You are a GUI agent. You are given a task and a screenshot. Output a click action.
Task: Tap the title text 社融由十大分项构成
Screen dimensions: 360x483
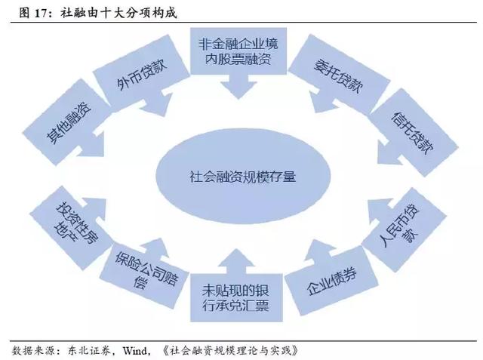120,13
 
